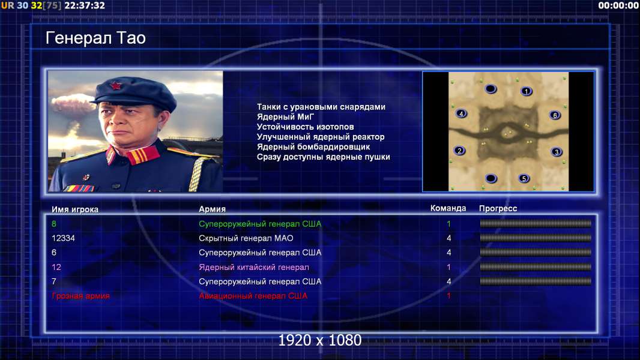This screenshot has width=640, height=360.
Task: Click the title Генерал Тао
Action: click(95, 38)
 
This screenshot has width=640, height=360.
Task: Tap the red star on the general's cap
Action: click(116, 85)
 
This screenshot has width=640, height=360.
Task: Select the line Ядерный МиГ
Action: click(285, 116)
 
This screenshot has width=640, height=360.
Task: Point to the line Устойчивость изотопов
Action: click(306, 127)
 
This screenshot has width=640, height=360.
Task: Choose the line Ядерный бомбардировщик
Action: click(313, 147)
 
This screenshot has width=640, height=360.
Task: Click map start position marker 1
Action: click(527, 91)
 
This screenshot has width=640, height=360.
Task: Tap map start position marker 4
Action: click(461, 113)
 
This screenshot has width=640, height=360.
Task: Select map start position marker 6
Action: click(555, 115)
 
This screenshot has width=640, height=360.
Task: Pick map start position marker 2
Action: click(460, 151)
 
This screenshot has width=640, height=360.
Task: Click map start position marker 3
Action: click(557, 152)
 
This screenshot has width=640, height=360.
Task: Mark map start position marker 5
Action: click(524, 178)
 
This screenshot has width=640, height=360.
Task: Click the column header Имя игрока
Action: click(75, 209)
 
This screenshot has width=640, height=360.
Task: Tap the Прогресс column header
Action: click(498, 208)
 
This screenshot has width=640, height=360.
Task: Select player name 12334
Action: click(63, 238)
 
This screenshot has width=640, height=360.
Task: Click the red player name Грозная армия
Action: click(81, 296)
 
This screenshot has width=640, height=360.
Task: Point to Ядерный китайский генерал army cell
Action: click(254, 267)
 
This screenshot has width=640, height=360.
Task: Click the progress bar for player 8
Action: click(536, 223)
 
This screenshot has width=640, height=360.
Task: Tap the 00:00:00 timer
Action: click(618, 5)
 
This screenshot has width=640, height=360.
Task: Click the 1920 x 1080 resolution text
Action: click(320, 340)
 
